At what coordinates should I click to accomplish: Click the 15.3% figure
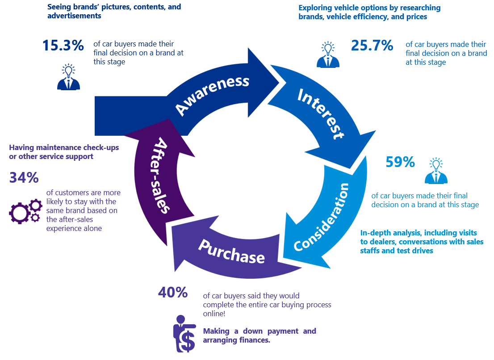[x=63, y=46]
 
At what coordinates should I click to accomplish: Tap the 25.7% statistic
[x=372, y=45]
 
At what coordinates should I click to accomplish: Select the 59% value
[x=400, y=162]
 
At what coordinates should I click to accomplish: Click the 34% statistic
[x=24, y=178]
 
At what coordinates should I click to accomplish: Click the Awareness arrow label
[x=212, y=95]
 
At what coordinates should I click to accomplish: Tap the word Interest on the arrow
[x=321, y=114]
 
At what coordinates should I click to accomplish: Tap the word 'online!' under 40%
[x=214, y=314]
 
